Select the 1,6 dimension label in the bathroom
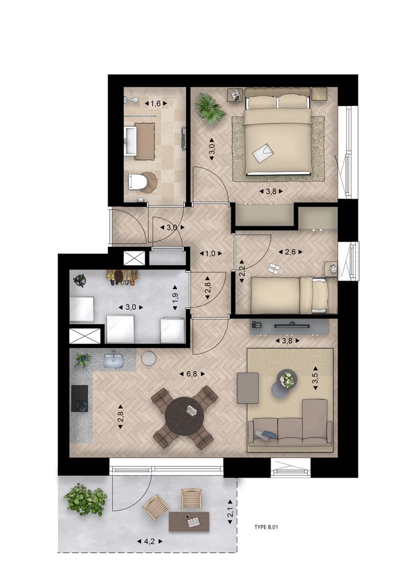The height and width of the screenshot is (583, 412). point(155,104)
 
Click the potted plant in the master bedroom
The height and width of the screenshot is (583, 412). point(210,109)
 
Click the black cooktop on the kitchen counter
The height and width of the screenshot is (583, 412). point(80,397)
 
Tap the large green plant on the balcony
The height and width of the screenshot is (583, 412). point(85,499)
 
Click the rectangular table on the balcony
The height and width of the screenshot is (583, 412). point(189,521)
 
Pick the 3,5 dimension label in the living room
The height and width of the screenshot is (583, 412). point(314,366)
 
